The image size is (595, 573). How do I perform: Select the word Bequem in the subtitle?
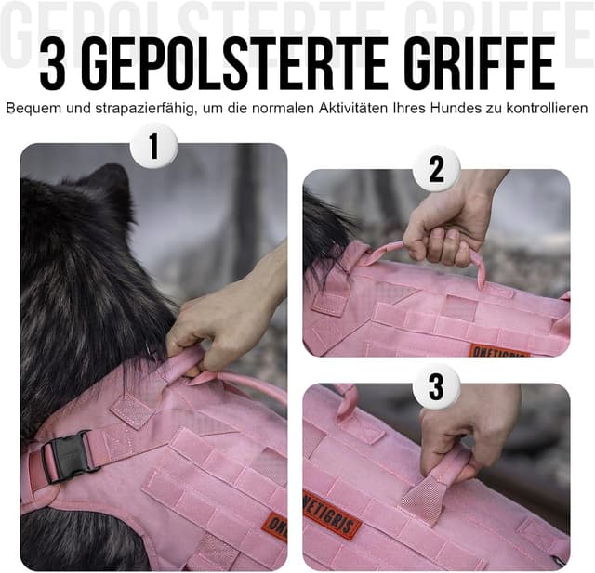pyautogui.click(x=32, y=109)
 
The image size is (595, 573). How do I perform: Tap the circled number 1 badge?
pyautogui.click(x=153, y=147)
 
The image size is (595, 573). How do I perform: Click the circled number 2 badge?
pyautogui.click(x=436, y=169)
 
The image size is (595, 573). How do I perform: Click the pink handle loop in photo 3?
pyautogui.click(x=438, y=483)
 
